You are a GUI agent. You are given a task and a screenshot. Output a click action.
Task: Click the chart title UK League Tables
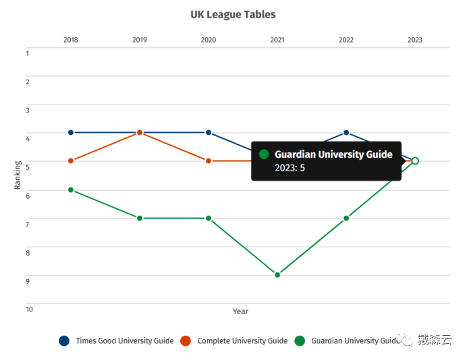pyautogui.click(x=233, y=15)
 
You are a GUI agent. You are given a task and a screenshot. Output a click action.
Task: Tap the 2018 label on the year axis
pyautogui.click(x=71, y=40)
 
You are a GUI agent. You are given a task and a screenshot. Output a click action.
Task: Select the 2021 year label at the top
pyautogui.click(x=277, y=40)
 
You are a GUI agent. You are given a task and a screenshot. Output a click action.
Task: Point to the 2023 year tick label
pyautogui.click(x=415, y=40)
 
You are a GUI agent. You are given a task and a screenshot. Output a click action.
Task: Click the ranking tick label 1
pyautogui.click(x=28, y=53)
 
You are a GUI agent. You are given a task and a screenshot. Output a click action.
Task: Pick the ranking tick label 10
pyautogui.click(x=29, y=309)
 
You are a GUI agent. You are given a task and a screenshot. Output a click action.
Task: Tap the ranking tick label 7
pyautogui.click(x=28, y=224)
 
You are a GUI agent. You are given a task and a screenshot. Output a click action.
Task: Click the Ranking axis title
pyautogui.click(x=18, y=175)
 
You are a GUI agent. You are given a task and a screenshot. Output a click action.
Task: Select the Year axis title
pyautogui.click(x=240, y=311)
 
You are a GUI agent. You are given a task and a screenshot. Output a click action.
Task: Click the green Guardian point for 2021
pyautogui.click(x=277, y=275)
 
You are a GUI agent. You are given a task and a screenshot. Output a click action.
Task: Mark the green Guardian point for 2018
pyautogui.click(x=71, y=190)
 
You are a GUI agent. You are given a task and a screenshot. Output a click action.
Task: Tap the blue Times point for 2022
pyautogui.click(x=346, y=132)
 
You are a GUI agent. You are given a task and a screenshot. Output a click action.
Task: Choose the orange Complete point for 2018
pyautogui.click(x=71, y=161)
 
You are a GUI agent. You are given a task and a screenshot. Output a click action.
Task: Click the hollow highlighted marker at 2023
pyautogui.click(x=415, y=161)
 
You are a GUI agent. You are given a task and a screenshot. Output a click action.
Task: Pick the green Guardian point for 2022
pyautogui.click(x=346, y=218)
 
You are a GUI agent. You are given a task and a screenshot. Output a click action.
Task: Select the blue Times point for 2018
pyautogui.click(x=71, y=132)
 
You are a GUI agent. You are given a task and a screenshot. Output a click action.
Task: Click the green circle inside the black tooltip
pyautogui.click(x=264, y=154)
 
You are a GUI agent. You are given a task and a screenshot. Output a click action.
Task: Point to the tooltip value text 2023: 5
pyautogui.click(x=290, y=168)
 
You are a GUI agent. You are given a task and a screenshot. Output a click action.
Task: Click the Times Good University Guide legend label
pyautogui.click(x=125, y=340)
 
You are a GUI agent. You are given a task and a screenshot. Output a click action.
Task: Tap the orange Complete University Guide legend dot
pyautogui.click(x=186, y=340)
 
